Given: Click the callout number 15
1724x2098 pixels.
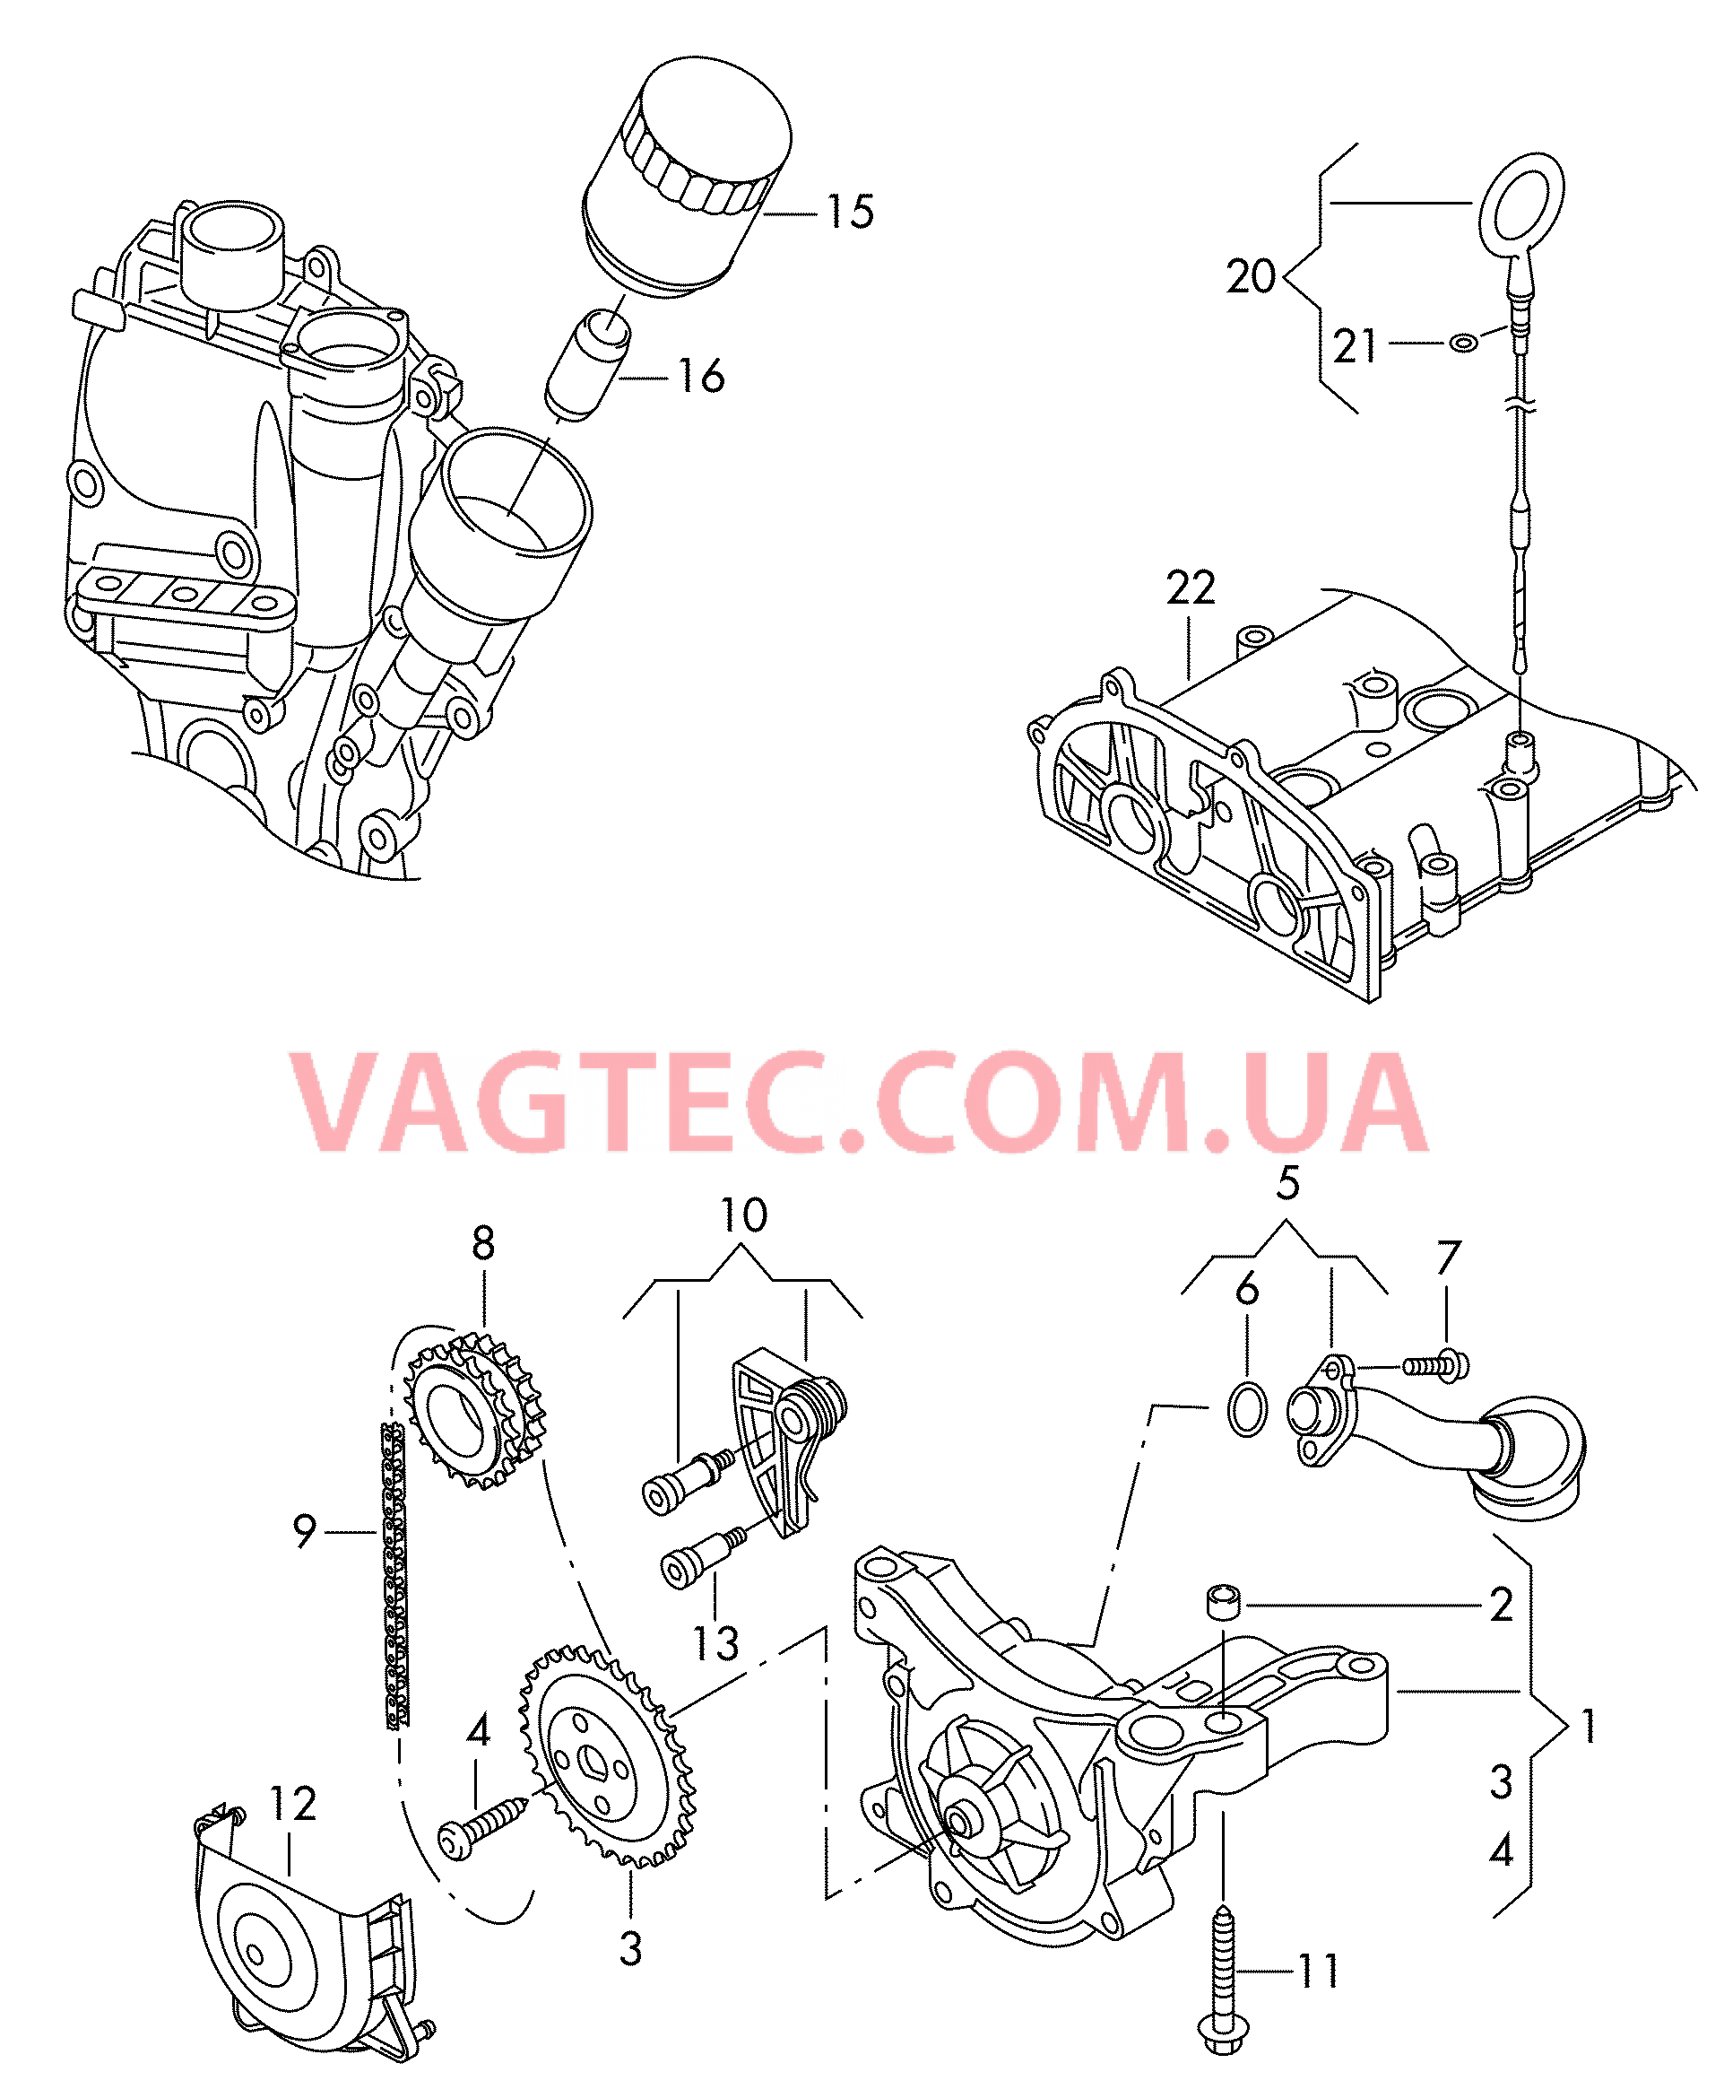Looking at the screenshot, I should tap(850, 212).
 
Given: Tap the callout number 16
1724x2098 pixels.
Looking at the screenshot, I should tap(701, 377).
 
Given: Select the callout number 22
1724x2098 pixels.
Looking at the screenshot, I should tap(1190, 588).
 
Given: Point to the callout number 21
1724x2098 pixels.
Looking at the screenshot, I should tap(1355, 347).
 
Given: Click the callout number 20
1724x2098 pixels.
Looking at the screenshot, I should tap(1250, 276).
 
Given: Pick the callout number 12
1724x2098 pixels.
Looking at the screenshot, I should tap(293, 1803).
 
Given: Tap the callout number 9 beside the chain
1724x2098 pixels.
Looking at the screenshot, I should tap(304, 1531).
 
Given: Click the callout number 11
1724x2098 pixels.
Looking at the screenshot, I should tap(1319, 1972).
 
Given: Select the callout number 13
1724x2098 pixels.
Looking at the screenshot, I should tap(715, 1644).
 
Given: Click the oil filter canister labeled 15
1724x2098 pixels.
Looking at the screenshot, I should tap(685, 178).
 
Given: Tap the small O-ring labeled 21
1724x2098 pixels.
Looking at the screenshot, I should tap(1463, 343).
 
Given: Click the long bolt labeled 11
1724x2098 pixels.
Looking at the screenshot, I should tap(1224, 1977).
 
